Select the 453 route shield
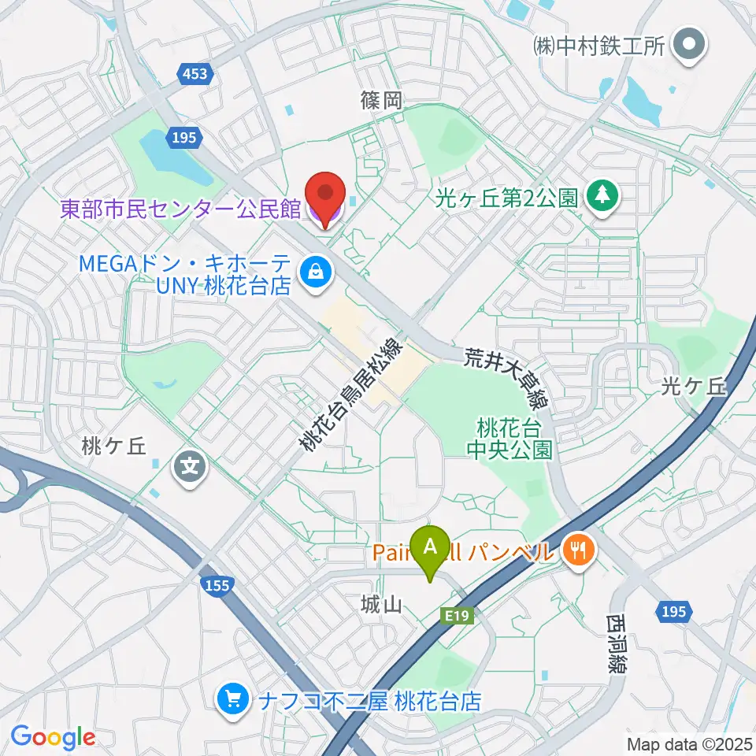(194, 74)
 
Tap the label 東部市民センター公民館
(181, 209)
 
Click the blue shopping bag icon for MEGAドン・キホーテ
(315, 272)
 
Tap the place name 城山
(382, 605)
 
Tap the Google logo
(53, 738)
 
